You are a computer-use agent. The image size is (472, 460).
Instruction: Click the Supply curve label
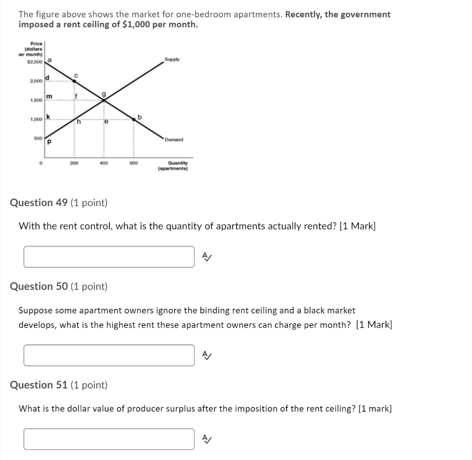click(172, 60)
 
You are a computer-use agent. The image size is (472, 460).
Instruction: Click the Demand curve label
click(174, 140)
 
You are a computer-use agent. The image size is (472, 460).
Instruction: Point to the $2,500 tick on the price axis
click(35, 62)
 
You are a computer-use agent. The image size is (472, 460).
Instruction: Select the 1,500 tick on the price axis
click(37, 100)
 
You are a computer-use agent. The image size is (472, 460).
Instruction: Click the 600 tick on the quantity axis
click(134, 163)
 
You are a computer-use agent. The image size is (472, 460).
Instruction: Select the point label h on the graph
click(79, 122)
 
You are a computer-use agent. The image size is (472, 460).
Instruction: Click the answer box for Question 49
click(109, 257)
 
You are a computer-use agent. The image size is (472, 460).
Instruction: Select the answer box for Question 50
click(109, 355)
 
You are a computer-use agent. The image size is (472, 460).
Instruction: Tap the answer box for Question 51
click(109, 439)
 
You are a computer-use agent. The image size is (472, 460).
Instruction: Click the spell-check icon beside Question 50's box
click(207, 355)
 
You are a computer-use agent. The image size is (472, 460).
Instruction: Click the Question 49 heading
click(59, 202)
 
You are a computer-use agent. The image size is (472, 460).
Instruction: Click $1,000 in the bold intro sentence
click(137, 24)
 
